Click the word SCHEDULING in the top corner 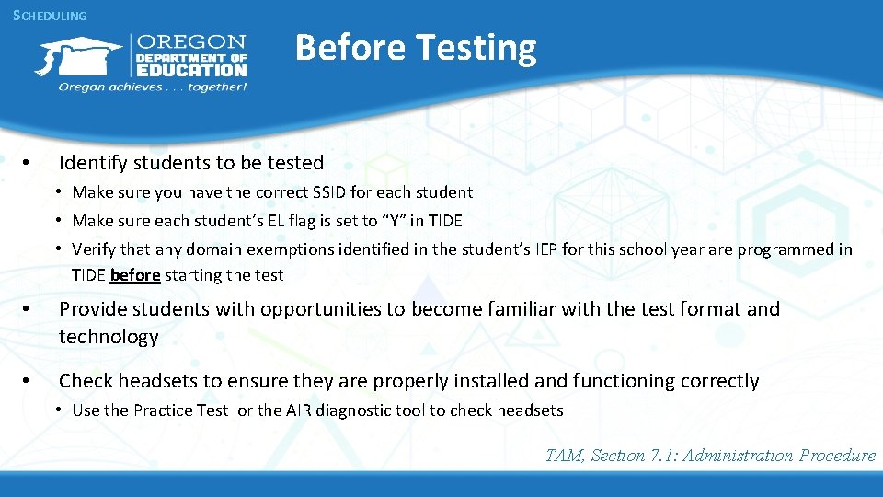pyautogui.click(x=50, y=16)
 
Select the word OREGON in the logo pyautogui.click(x=191, y=42)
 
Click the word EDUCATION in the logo pyautogui.click(x=191, y=70)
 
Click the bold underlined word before pyautogui.click(x=135, y=275)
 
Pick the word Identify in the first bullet pyautogui.click(x=93, y=163)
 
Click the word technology pyautogui.click(x=109, y=337)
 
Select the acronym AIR pyautogui.click(x=300, y=410)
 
